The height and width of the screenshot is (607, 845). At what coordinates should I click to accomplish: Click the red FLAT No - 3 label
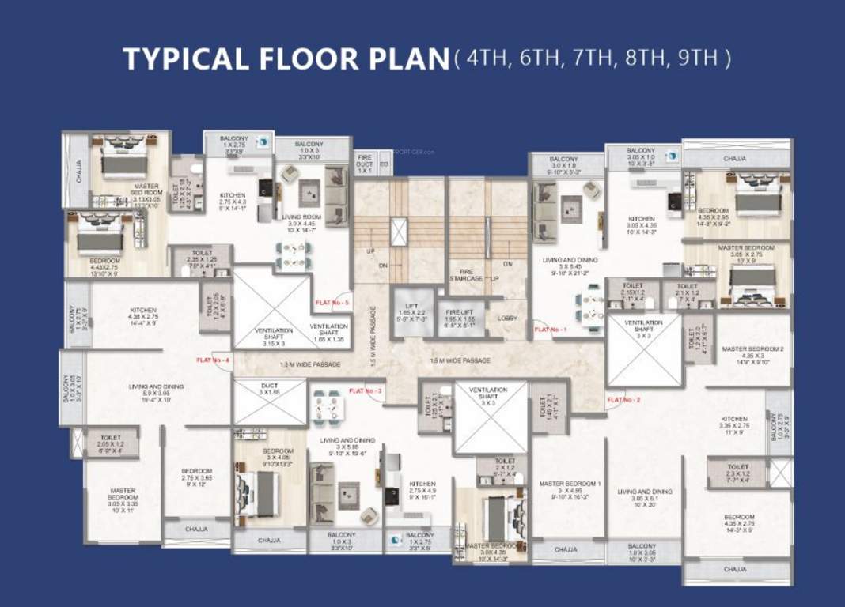click(x=366, y=391)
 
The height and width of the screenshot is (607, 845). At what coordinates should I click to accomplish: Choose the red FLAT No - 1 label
click(x=551, y=330)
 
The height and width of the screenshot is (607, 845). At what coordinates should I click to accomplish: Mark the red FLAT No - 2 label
click(x=623, y=400)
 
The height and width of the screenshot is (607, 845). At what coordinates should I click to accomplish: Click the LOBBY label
click(x=507, y=318)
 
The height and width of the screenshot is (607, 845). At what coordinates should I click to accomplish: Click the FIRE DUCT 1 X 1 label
click(x=364, y=165)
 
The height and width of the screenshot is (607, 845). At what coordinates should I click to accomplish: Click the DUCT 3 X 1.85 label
click(x=270, y=389)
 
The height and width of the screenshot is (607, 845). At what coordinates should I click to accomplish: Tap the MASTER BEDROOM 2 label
click(x=753, y=353)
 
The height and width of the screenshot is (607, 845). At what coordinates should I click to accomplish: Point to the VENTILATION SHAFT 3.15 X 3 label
click(x=273, y=335)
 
